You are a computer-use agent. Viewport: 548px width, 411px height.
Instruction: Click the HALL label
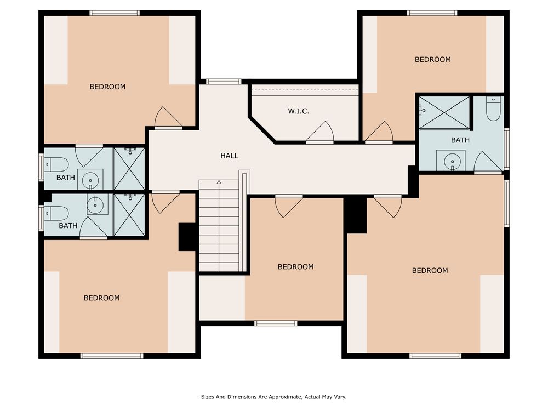(x=229, y=156)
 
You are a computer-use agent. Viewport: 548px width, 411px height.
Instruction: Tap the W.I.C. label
(x=299, y=111)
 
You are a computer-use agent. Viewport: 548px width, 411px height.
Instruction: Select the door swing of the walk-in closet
(x=320, y=132)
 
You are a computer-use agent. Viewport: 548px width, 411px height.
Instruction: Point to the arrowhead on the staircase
(x=219, y=182)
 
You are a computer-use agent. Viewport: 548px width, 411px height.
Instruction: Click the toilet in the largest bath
(x=493, y=109)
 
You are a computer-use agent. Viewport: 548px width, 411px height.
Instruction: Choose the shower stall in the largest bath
(x=444, y=112)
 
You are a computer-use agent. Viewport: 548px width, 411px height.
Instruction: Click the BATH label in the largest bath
(x=460, y=140)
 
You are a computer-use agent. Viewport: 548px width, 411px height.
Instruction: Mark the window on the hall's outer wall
(x=224, y=82)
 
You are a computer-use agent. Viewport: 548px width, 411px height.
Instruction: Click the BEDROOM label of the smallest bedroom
(x=296, y=267)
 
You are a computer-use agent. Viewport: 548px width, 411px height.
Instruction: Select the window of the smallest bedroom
(x=276, y=323)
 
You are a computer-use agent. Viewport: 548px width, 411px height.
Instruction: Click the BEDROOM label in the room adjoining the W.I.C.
(x=433, y=59)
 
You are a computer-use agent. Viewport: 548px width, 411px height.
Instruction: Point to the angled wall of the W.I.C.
(x=262, y=130)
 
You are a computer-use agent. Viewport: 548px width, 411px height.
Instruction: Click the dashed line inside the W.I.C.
(x=305, y=90)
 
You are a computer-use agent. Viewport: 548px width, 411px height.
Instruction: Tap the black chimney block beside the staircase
(x=187, y=237)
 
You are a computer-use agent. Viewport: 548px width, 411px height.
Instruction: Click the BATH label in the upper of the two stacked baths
(x=66, y=178)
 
